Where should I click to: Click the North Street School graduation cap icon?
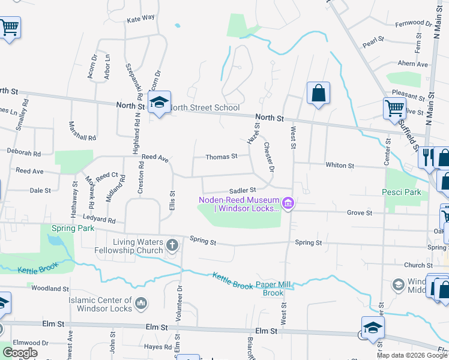click(159, 103)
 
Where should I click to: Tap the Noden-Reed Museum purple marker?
click(288, 204)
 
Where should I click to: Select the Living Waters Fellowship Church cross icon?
click(172, 245)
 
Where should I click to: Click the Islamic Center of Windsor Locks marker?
click(141, 304)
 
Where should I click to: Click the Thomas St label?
click(221, 157)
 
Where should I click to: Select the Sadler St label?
click(243, 190)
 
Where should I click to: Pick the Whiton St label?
click(340, 165)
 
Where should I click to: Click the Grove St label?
click(360, 212)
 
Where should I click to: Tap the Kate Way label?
click(140, 19)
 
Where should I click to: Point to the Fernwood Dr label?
click(414, 23)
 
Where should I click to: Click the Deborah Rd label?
click(24, 152)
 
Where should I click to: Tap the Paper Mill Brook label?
click(277, 289)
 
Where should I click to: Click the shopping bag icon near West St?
click(318, 94)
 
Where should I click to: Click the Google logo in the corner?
click(20, 353)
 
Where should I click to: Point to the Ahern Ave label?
click(413, 64)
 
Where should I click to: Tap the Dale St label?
click(40, 190)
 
